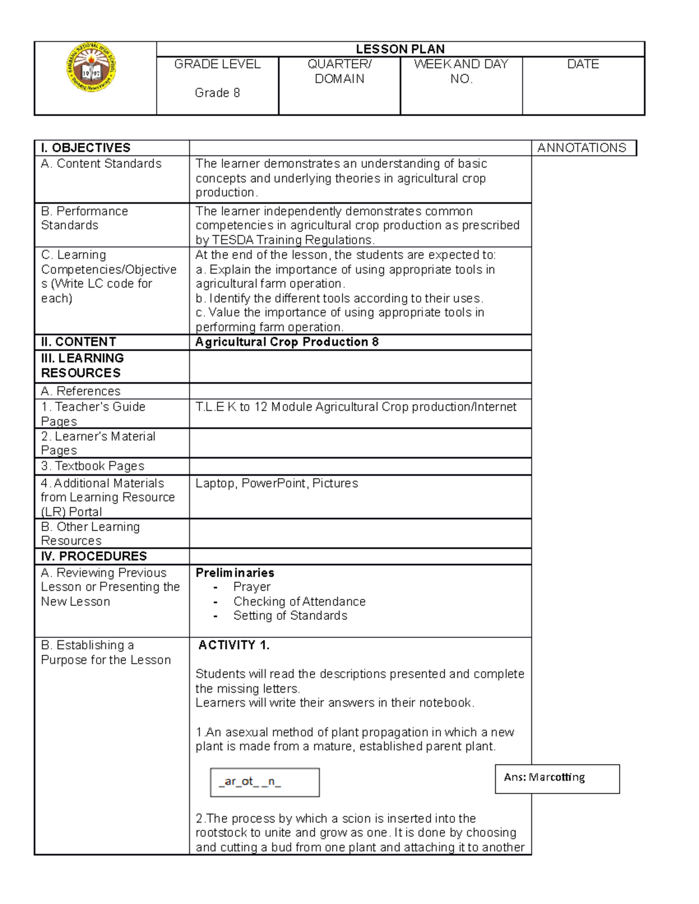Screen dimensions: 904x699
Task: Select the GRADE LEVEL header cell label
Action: click(217, 64)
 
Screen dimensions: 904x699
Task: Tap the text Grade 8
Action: click(217, 93)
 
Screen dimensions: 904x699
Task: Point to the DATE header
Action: click(583, 64)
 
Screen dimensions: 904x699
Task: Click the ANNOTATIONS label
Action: click(581, 148)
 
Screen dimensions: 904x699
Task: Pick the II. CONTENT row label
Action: click(78, 342)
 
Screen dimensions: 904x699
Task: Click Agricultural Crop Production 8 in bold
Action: click(287, 342)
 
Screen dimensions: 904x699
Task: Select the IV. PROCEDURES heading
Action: click(94, 556)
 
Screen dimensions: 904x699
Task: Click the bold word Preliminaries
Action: click(235, 573)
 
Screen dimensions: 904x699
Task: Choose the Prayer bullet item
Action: click(252, 587)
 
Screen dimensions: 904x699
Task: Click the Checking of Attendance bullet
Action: click(299, 601)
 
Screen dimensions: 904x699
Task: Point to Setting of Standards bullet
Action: click(290, 616)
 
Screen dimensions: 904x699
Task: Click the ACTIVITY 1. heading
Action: click(234, 645)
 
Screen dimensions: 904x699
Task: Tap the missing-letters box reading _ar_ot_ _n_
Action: click(264, 782)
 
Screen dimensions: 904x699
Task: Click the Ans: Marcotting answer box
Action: click(557, 778)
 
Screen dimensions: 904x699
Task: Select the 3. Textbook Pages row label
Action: click(93, 466)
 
